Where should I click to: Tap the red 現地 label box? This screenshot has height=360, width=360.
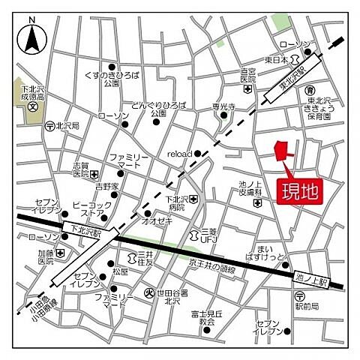(298, 190)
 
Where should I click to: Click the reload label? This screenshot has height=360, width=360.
(180, 153)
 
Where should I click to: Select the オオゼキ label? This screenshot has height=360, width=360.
(159, 221)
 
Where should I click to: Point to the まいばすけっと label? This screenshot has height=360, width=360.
(271, 255)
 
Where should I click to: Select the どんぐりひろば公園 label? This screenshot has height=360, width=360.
(157, 109)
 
